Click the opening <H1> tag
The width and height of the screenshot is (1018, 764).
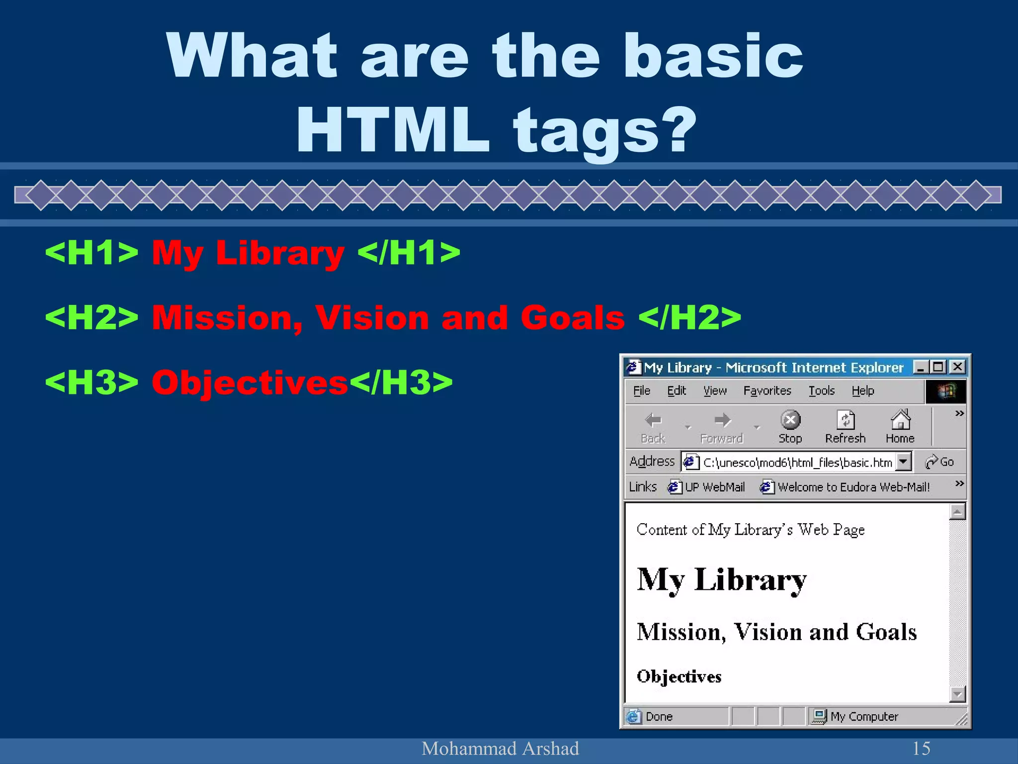pos(91,252)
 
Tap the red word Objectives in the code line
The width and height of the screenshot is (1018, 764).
pos(250,382)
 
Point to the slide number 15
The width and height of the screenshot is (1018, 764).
pos(921,748)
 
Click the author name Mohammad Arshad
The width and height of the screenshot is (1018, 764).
pos(500,748)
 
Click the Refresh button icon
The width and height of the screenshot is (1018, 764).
pos(845,420)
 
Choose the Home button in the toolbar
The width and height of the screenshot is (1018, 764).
pos(900,426)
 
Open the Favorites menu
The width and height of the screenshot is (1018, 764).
pos(767,391)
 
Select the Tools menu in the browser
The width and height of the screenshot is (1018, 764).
pos(821,391)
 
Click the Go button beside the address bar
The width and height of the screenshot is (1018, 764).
pos(939,462)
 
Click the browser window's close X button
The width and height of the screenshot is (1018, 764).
pos(957,367)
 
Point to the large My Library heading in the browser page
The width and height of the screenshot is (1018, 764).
pos(721,580)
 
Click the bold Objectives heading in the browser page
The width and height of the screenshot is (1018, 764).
pos(679,676)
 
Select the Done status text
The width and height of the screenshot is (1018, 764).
pos(659,717)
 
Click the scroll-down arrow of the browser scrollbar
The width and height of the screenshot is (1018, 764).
pos(957,694)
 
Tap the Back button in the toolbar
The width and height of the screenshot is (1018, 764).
pos(653,426)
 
